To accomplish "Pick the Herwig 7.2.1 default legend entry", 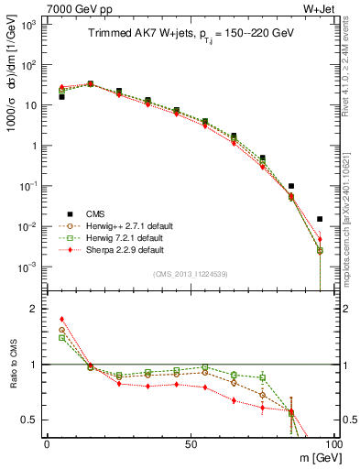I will [121, 238].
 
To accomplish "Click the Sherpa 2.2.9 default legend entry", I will [121, 250].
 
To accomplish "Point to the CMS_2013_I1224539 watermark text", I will [191, 275].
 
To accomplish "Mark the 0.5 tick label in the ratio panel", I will [29, 420].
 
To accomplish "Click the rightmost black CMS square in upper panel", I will [320, 219].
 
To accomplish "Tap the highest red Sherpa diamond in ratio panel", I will [61, 320].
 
